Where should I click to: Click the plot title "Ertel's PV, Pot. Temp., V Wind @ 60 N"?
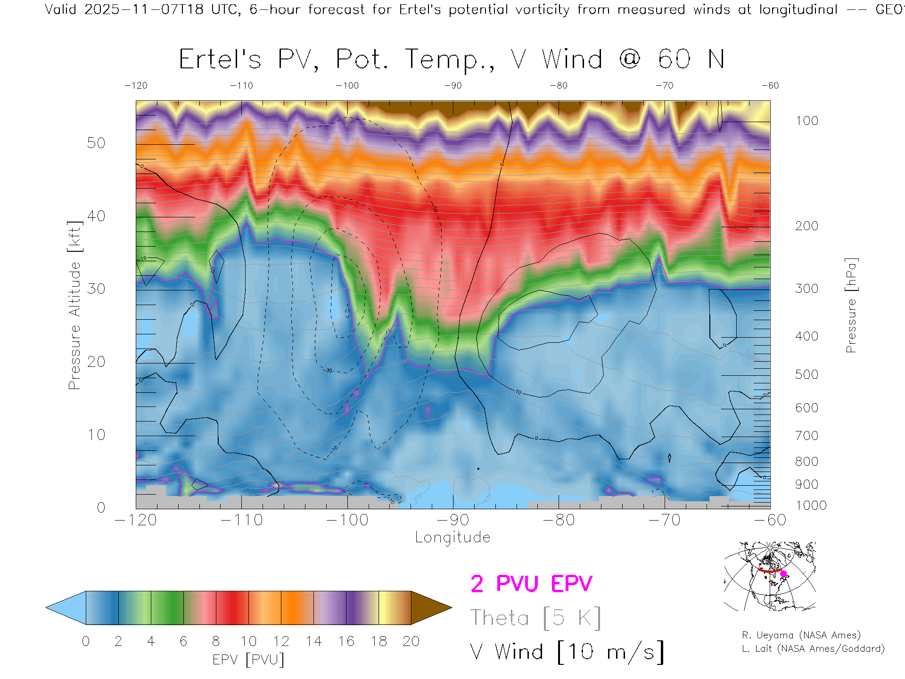[452, 60]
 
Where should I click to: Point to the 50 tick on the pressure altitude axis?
[96, 143]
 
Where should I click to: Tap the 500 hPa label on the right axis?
[806, 374]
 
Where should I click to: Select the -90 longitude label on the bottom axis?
[453, 520]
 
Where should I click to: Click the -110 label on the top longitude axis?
[241, 85]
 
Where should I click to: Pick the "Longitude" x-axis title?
[452, 537]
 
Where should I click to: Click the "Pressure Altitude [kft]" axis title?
[74, 306]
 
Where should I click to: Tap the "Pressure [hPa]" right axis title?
[851, 306]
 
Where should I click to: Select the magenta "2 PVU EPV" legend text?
[531, 584]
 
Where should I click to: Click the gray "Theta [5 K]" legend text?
[535, 618]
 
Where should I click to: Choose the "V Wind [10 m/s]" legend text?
[567, 652]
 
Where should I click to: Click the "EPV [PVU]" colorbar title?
[248, 660]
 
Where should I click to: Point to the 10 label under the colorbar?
[248, 641]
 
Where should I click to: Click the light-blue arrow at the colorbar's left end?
[66, 608]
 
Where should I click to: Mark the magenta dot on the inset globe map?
[784, 574]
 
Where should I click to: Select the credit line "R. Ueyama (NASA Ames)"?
[801, 635]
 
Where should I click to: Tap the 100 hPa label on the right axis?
[806, 121]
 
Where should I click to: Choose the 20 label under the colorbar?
[411, 641]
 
